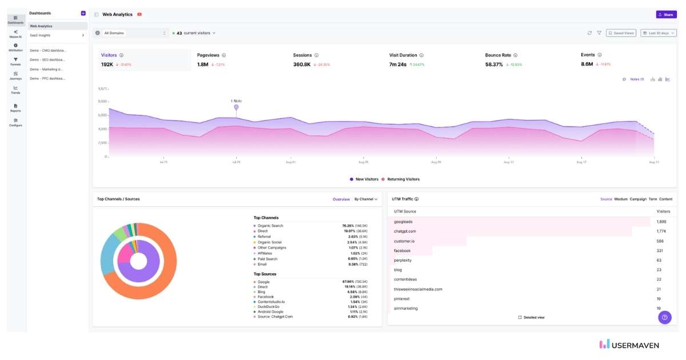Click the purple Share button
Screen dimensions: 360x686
click(x=666, y=14)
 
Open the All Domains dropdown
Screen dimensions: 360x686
click(x=131, y=33)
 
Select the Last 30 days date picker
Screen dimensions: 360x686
click(x=659, y=33)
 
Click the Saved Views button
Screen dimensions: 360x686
click(x=621, y=33)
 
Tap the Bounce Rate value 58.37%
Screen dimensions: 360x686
click(x=494, y=65)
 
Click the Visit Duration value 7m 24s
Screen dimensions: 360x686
click(x=398, y=65)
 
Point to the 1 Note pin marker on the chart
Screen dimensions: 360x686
click(x=236, y=107)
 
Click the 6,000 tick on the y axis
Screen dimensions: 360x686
click(x=102, y=115)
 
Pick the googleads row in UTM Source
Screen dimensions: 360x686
click(x=403, y=222)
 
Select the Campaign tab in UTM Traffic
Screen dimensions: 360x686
click(x=638, y=199)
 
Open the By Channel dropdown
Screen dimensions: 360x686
click(x=366, y=199)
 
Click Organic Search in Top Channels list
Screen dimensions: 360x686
click(x=270, y=226)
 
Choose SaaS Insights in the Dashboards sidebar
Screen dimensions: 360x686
click(x=40, y=35)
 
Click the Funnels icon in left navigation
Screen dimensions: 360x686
click(x=15, y=61)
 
